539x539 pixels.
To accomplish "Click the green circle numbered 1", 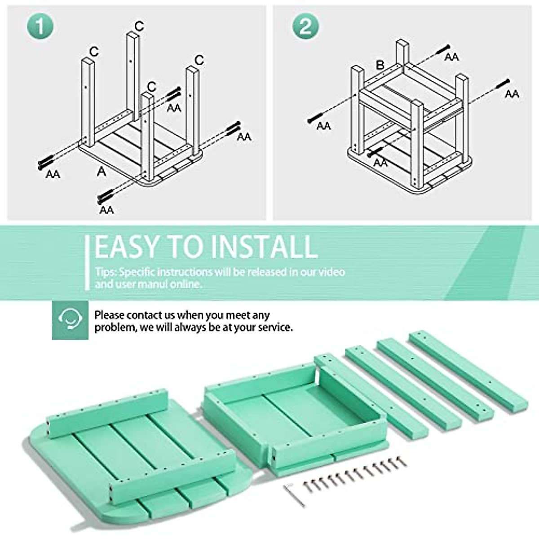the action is coord(40,27).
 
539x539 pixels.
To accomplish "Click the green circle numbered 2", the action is coord(306,27).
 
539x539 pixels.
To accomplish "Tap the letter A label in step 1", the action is coord(102,171).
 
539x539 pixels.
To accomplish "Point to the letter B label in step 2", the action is coord(380,65).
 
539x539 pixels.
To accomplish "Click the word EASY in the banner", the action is coord(126,247).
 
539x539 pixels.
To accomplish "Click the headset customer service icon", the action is coord(70,320).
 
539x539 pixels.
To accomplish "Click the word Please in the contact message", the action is coord(109,315).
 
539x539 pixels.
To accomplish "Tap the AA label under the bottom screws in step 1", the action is coord(106,210).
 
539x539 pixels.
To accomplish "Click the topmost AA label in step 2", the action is coord(452,57).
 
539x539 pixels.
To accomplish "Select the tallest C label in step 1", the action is coord(139,26).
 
